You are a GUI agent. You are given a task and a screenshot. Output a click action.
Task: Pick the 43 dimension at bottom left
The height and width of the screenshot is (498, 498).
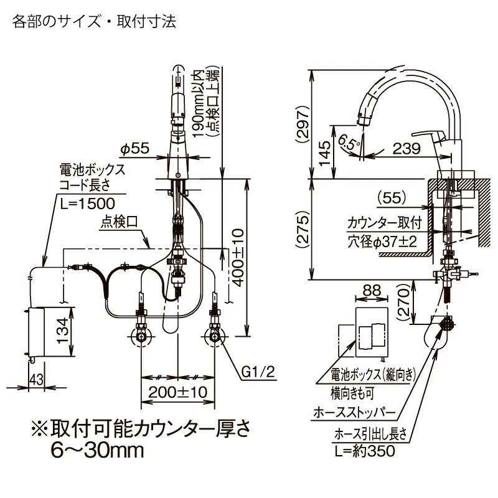click(35, 378)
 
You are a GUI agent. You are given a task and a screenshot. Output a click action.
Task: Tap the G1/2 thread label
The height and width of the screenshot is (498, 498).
click(255, 374)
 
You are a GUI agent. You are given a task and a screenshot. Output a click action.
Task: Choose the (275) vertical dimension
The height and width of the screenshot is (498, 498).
click(320, 228)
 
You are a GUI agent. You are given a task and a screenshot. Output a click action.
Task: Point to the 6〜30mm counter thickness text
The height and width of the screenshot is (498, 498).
click(96, 450)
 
